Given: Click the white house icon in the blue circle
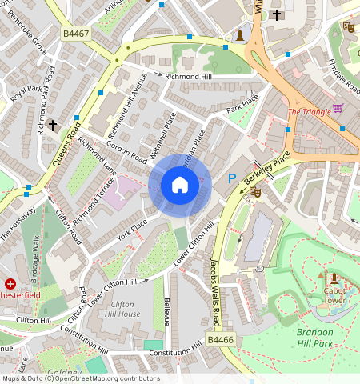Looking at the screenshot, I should (180, 186).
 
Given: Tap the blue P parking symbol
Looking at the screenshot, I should (233, 179).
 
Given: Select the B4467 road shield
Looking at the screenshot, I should (76, 34).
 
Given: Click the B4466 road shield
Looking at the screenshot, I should (220, 340).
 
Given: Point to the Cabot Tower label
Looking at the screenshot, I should (334, 295).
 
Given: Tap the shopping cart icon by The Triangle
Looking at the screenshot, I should (338, 109).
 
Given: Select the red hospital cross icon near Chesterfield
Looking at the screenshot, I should (10, 283).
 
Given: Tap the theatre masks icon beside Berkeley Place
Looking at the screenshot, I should (255, 191).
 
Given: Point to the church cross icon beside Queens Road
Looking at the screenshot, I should (53, 125).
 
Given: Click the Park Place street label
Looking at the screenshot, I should (243, 104).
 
